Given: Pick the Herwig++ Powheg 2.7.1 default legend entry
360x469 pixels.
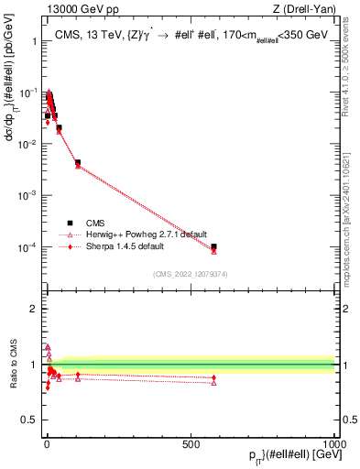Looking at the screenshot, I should tap(132, 234).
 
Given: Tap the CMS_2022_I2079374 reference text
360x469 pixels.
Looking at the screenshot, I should tap(191, 273).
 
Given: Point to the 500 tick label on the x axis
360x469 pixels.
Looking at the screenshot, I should tap(191, 445).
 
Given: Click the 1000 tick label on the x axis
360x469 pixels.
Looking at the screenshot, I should tap(333, 445).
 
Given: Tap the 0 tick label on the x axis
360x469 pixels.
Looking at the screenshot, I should tap(47, 445).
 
